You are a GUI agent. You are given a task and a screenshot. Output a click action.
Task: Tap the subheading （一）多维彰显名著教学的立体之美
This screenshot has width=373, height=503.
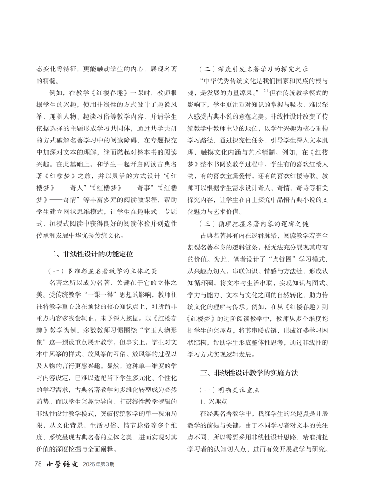point(106,271)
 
